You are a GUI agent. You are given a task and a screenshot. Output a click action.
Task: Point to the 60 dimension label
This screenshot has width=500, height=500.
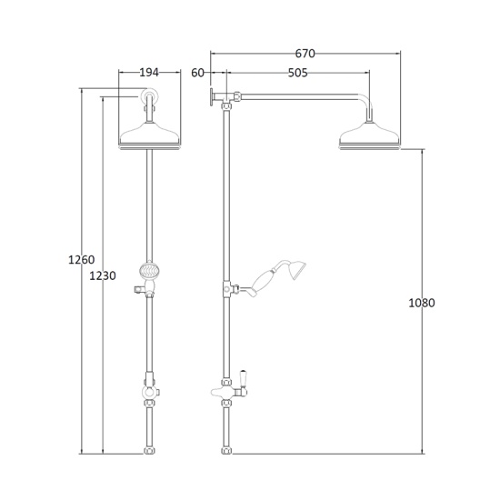coord(199,74)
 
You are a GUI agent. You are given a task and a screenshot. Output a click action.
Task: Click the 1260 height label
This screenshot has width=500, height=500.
coord(82,260)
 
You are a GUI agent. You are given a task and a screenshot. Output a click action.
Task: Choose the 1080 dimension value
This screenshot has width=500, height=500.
coord(423,302)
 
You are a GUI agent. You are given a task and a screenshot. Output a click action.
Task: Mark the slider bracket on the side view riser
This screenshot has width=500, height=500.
coord(225,290)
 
